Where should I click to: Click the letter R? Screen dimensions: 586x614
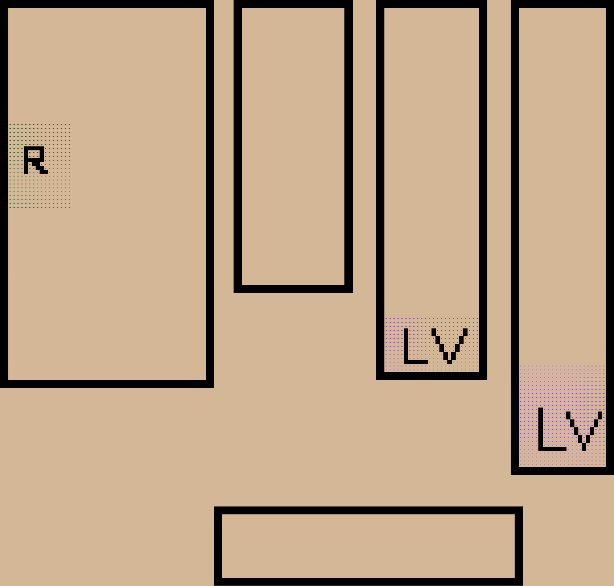point(35,160)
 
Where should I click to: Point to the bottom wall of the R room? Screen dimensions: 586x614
point(107,383)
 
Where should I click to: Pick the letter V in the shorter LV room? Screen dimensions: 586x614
point(449,346)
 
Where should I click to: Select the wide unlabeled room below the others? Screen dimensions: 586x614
point(368,546)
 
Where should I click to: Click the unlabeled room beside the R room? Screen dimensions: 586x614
point(293,146)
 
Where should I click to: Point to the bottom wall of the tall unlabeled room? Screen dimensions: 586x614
point(293,288)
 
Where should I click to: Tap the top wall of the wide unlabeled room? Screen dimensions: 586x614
point(368,510)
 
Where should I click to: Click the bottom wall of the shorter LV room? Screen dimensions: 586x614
point(432,375)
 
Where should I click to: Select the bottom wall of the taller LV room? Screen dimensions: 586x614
point(562,470)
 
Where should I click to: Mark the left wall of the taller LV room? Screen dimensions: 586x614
point(515,237)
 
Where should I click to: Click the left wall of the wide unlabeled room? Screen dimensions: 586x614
point(218,546)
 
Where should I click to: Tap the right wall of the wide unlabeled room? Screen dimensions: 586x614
point(519,546)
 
